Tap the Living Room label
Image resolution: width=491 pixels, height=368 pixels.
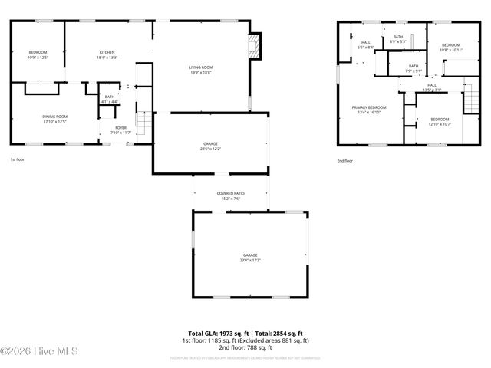click(201, 68)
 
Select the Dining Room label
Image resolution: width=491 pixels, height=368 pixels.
click(54, 117)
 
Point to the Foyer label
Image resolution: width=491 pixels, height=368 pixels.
click(121, 128)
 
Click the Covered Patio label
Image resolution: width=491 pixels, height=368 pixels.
click(230, 194)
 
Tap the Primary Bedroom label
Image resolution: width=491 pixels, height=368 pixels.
click(369, 107)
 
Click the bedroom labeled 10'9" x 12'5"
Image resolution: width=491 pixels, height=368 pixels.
click(38, 52)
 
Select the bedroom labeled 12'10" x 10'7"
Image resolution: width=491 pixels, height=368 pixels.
click(440, 120)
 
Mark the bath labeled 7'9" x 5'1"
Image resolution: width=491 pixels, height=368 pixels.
click(414, 67)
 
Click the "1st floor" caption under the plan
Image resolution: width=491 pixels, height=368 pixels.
click(18, 160)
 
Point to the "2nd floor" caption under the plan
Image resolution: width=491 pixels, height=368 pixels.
click(345, 161)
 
